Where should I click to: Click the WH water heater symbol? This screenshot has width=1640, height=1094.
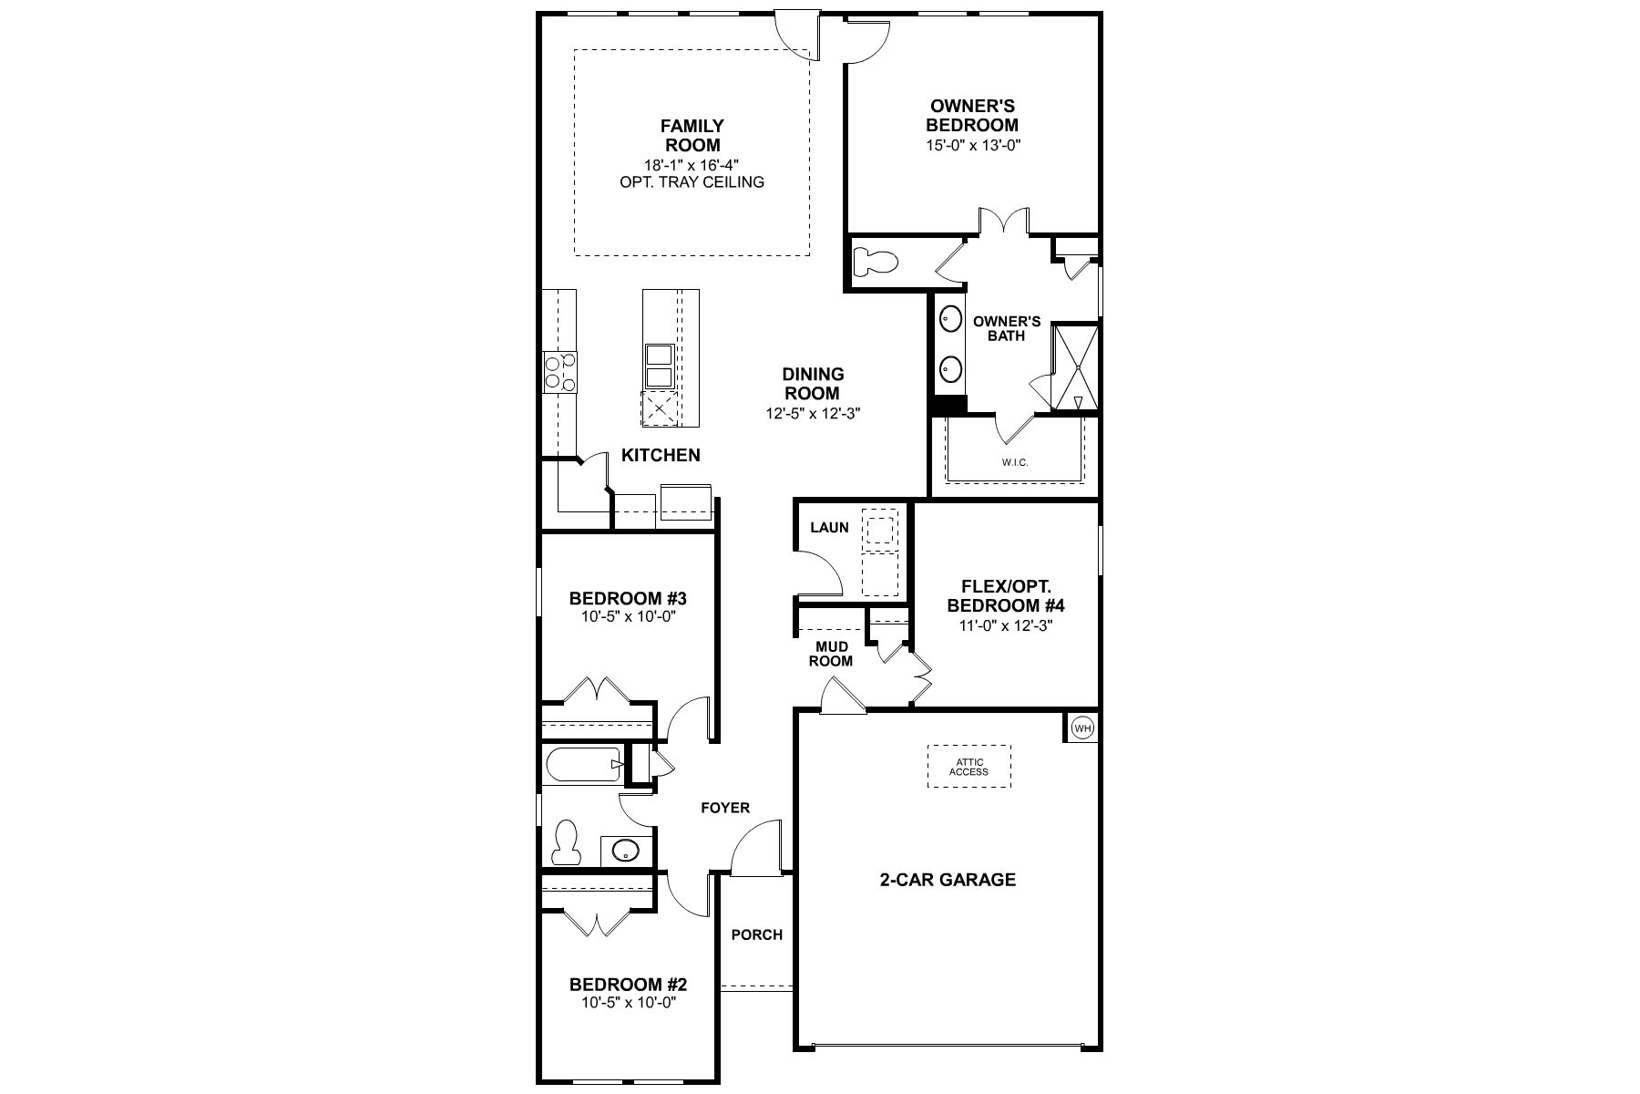(x=1082, y=728)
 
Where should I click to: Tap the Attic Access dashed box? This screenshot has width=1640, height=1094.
(x=968, y=767)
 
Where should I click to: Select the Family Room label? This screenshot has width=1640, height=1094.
(x=692, y=136)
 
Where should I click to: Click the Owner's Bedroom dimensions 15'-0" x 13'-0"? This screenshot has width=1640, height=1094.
(x=972, y=145)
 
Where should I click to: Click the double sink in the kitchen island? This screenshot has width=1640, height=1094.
(x=659, y=366)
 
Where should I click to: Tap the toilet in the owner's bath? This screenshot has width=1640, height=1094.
(x=876, y=263)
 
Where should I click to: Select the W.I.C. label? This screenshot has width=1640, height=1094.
(x=1014, y=462)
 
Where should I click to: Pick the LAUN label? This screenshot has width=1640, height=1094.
(x=829, y=527)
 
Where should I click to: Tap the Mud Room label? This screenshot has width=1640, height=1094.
(x=832, y=654)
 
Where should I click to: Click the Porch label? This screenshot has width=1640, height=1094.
(x=757, y=934)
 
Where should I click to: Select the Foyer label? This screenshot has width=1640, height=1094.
(x=725, y=808)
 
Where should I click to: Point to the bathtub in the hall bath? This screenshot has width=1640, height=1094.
(x=583, y=764)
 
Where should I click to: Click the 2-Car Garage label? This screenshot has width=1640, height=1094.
(x=948, y=880)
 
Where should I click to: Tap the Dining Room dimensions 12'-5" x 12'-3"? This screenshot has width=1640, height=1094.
(x=813, y=413)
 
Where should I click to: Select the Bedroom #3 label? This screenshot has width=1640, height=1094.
(x=628, y=599)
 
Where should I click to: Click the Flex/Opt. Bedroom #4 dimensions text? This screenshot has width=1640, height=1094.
(x=1006, y=625)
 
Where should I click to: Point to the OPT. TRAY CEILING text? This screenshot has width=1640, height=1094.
(x=692, y=182)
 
